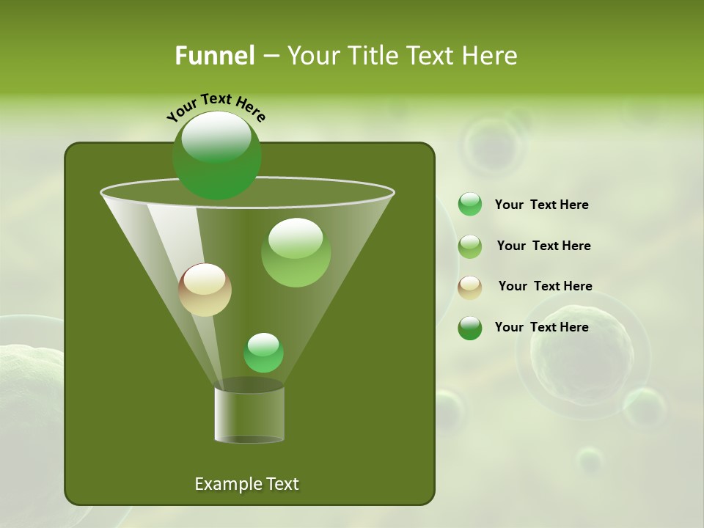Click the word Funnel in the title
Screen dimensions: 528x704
tap(215, 56)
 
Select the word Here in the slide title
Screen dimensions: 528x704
tap(491, 56)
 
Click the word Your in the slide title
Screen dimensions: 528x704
tap(313, 56)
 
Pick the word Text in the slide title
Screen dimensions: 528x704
tap(433, 56)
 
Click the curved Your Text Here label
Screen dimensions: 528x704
tap(216, 106)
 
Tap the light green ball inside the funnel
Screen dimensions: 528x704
tap(296, 253)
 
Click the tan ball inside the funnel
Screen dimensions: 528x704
tap(205, 290)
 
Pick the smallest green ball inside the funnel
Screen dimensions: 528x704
tap(263, 353)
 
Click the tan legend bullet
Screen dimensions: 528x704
tap(470, 287)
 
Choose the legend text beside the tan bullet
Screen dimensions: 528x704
tap(545, 286)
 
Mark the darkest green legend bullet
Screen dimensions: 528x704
tap(470, 328)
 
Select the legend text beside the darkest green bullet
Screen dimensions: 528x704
tap(541, 327)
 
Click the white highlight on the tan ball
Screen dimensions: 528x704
tap(205, 279)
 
